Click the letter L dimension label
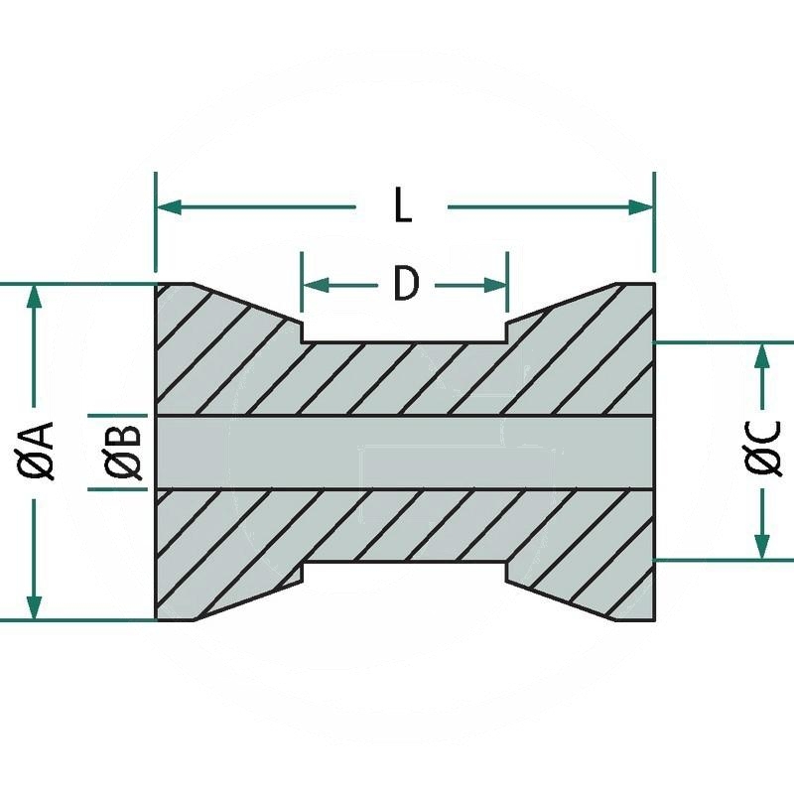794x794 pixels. [402, 206]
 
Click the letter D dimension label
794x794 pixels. [406, 285]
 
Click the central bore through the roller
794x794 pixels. [405, 453]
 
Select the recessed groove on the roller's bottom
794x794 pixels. [405, 575]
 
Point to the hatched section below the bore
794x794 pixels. [405, 526]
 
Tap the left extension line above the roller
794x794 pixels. [156, 223]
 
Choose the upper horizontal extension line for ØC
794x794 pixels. [725, 342]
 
